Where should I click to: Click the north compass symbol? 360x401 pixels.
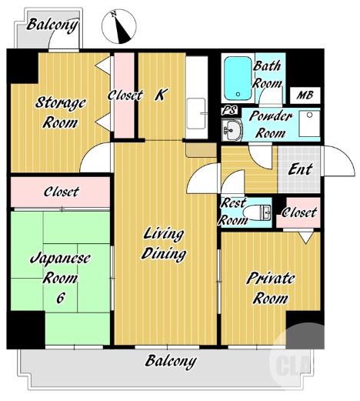click(x=119, y=27)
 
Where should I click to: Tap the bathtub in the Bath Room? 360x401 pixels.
click(x=238, y=79)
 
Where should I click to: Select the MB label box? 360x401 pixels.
click(x=305, y=95)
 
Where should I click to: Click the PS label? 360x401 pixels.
click(x=229, y=110)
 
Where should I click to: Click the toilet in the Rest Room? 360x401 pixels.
click(x=257, y=212)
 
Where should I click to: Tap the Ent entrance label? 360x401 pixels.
click(x=300, y=169)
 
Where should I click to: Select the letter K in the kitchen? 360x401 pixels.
click(x=161, y=95)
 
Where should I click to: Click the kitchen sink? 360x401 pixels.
click(x=196, y=113)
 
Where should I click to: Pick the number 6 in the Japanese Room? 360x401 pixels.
click(x=60, y=298)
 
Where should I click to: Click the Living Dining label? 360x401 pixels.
click(x=164, y=244)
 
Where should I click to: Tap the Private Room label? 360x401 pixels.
click(x=271, y=289)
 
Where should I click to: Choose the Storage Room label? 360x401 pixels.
click(x=60, y=112)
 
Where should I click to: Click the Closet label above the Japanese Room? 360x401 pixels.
click(x=61, y=192)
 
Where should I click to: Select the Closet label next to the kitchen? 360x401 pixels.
click(x=125, y=95)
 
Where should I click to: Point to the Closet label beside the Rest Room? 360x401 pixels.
click(x=299, y=212)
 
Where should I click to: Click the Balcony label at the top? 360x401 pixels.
click(x=52, y=25)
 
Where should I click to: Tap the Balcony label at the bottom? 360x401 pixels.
click(x=171, y=362)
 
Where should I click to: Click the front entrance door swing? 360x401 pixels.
click(x=338, y=161)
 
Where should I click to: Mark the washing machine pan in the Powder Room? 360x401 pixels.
click(x=309, y=123)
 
